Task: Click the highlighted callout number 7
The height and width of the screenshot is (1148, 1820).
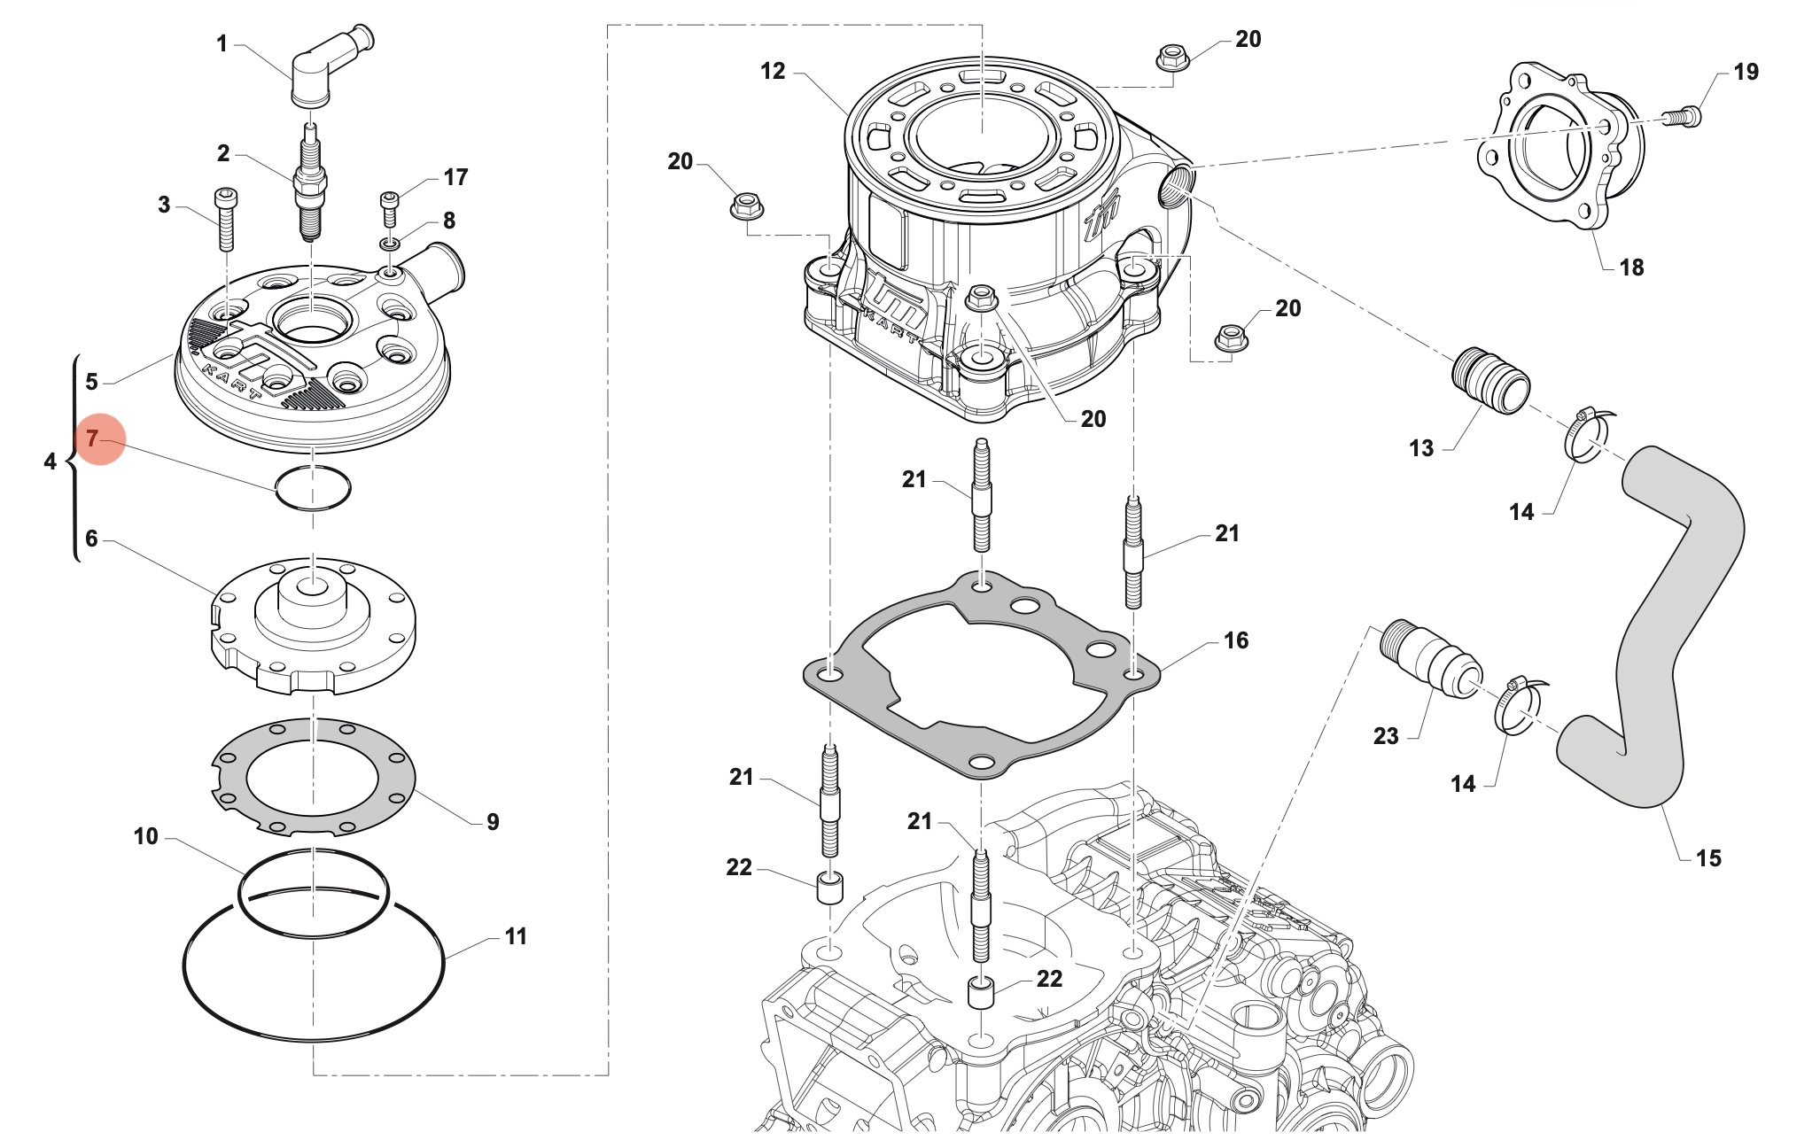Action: tap(93, 438)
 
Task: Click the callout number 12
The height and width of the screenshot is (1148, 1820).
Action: tap(773, 72)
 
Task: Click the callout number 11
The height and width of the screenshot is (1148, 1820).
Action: tap(516, 936)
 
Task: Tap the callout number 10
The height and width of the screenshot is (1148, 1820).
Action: tap(146, 836)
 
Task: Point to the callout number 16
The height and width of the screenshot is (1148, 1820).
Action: tap(1235, 640)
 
